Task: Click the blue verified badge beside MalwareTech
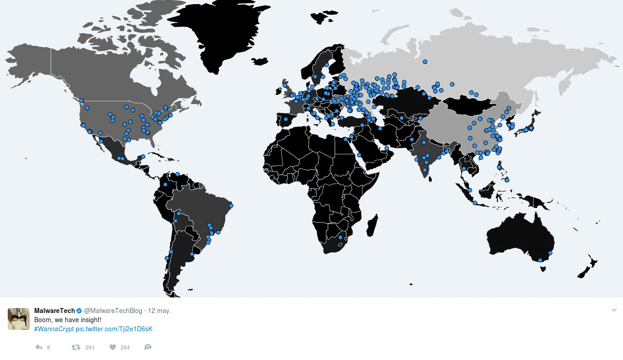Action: [79, 311]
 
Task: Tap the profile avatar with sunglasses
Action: [19, 318]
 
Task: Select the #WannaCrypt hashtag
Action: [54, 329]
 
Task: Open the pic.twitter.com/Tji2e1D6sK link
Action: [114, 329]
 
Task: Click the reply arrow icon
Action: [39, 347]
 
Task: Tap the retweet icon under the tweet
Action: [76, 347]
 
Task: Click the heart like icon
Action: [113, 347]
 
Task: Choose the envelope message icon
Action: [148, 347]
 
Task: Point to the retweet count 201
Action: [90, 348]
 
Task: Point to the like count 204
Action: [125, 348]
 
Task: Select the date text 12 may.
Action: [159, 311]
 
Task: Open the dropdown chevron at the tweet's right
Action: [614, 310]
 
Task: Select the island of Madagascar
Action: [372, 225]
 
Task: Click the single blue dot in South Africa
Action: [340, 237]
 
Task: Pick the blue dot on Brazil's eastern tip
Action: [231, 206]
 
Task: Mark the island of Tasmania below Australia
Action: [543, 269]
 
